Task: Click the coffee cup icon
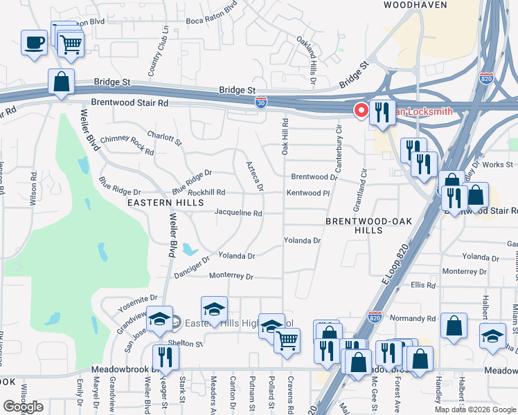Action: pos(34,43)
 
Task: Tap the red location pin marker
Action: pos(361,110)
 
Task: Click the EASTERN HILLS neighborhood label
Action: pos(166,203)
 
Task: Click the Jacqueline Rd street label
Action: pos(238,214)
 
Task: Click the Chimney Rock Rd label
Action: pos(127,144)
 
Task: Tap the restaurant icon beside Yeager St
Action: pos(166,356)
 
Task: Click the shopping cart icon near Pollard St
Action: pos(287,340)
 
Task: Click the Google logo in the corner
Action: pos(23,407)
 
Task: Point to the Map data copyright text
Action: pos(475,409)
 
